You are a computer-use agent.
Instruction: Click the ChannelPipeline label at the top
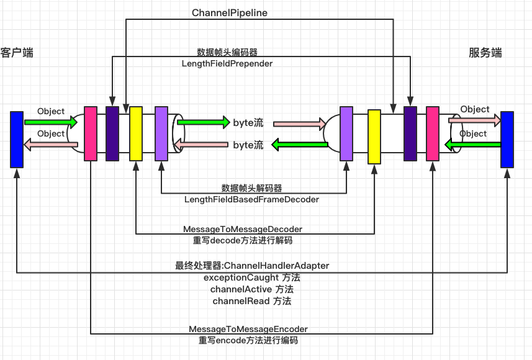click(230, 12)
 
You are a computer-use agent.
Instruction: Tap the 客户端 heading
click(17, 53)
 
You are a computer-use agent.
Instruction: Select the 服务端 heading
click(485, 53)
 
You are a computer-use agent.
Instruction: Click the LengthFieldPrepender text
click(227, 63)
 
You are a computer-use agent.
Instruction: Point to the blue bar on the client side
click(17, 139)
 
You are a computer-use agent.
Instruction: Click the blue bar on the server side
click(507, 140)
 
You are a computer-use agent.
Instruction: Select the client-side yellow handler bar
click(136, 133)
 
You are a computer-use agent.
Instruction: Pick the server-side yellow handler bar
click(374, 137)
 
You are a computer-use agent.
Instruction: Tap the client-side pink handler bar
click(91, 133)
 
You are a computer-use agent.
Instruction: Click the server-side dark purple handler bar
click(410, 133)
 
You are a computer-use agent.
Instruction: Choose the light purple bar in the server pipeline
click(346, 133)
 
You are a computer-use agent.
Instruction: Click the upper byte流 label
click(248, 122)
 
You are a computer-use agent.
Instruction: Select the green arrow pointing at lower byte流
click(300, 145)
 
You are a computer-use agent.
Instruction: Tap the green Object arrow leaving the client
click(51, 122)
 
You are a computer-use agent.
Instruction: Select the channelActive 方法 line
click(251, 289)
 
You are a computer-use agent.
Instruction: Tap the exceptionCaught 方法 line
click(251, 277)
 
